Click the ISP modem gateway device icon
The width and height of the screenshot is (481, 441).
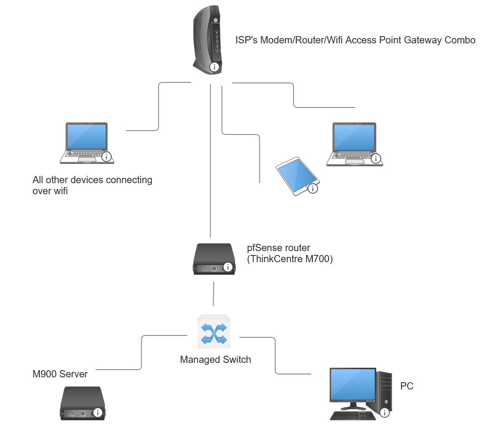coord(207,40)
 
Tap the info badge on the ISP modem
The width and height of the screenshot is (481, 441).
coord(214,67)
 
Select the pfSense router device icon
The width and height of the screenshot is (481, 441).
coord(214,259)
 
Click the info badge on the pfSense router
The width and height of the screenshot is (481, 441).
coord(227,267)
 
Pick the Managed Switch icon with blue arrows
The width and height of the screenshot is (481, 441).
coord(214,332)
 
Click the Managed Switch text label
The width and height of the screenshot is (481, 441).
coord(215,360)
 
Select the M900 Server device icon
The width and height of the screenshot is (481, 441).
coord(82,403)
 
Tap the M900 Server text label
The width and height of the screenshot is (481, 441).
coord(60,374)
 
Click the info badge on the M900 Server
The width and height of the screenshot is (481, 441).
coord(97,413)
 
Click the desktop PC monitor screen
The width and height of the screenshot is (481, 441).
coord(353,384)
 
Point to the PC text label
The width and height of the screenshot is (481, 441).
coord(407,386)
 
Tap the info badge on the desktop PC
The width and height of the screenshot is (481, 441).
coord(385,413)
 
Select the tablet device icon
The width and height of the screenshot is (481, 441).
coord(297,176)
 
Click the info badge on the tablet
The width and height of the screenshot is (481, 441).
coord(313,188)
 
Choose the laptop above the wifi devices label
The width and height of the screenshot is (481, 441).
coord(87,143)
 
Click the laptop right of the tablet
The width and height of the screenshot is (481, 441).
coord(355,144)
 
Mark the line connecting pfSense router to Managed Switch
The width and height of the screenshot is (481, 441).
coord(214,294)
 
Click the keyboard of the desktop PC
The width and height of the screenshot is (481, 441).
coord(353,416)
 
